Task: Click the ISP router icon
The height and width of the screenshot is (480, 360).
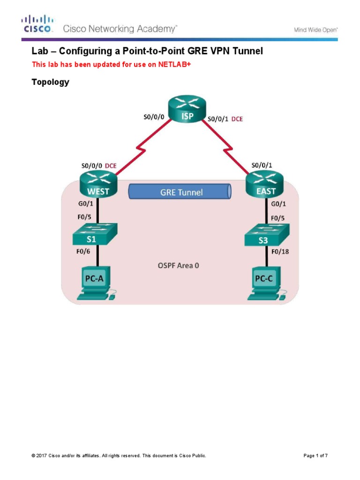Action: coord(187,110)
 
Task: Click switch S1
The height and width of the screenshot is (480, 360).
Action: coord(95,234)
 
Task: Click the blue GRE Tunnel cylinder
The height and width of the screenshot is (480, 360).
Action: coord(180,192)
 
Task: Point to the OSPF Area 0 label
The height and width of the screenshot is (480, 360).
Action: coord(178,265)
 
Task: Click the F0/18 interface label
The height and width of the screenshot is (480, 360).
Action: coord(280,251)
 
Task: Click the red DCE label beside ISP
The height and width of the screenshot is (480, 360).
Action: coord(237,119)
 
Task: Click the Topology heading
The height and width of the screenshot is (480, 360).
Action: coord(50,82)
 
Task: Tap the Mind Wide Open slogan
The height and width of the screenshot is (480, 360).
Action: coord(315,30)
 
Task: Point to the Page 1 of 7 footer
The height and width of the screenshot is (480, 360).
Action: coord(315,456)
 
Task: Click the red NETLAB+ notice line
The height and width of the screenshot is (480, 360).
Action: coord(112,65)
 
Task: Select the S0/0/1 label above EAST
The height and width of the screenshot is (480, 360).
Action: coord(262,165)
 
